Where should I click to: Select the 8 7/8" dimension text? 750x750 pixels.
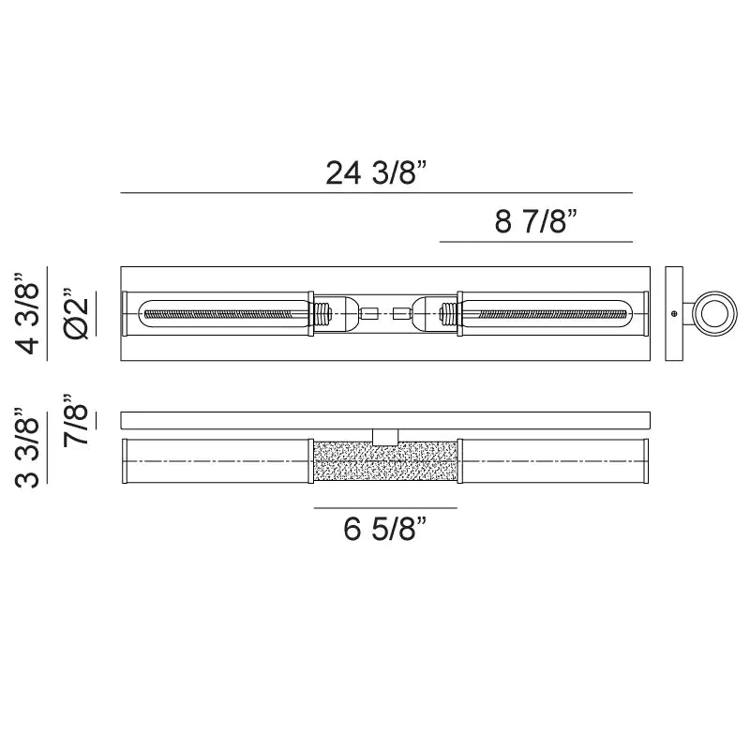[x=534, y=222]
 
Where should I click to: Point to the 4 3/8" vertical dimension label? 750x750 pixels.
[x=29, y=314]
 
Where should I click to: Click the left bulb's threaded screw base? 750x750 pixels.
[x=323, y=313]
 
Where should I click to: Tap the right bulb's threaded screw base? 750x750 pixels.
[x=448, y=313]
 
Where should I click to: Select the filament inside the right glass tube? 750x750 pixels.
[x=548, y=313]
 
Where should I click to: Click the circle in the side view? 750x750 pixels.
[x=715, y=312]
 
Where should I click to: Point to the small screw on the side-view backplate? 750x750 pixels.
[x=673, y=313]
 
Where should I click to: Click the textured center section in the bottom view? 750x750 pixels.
[x=384, y=462]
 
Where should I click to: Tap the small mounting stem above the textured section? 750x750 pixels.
[x=384, y=436]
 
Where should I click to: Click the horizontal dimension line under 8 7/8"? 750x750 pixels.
[x=534, y=242]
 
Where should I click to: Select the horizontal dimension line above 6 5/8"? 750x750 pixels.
[x=384, y=508]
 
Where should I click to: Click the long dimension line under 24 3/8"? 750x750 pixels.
[x=376, y=193]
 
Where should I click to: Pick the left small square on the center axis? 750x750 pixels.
[x=368, y=313]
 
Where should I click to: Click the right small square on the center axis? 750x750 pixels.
[x=402, y=313]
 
